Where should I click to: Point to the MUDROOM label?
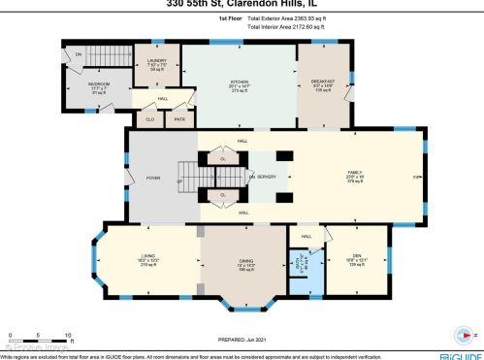coord(99,84)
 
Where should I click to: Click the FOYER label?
coord(153,178)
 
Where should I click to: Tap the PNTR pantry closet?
coord(179,120)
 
